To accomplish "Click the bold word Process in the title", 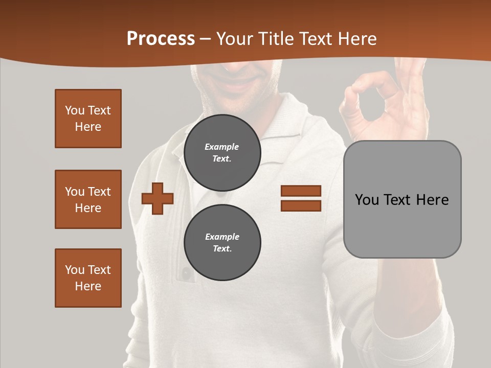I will pos(161,39).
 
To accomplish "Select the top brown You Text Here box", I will pos(88,119).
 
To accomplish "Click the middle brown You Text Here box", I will pos(88,199).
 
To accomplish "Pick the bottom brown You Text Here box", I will pos(88,278).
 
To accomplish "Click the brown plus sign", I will pos(158,198).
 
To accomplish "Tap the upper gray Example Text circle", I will pos(222,152).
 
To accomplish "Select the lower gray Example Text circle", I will pos(222,242).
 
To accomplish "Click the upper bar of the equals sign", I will pos(301,191).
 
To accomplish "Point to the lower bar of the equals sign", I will pos(301,205).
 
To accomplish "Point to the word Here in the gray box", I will pos(432,199).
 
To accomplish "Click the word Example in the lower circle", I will pos(222,237).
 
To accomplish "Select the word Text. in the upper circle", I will pos(222,158).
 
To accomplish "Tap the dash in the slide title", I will pos(205,39).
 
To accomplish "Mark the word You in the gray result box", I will pos(367,199).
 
